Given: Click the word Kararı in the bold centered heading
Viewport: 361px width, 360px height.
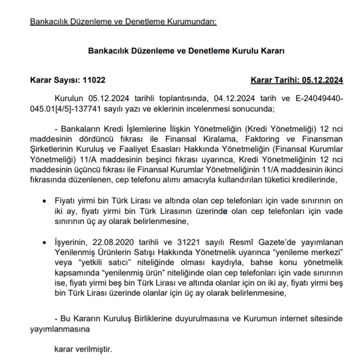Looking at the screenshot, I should [271, 50].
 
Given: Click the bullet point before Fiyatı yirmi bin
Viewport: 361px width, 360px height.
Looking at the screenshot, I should [45, 200].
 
